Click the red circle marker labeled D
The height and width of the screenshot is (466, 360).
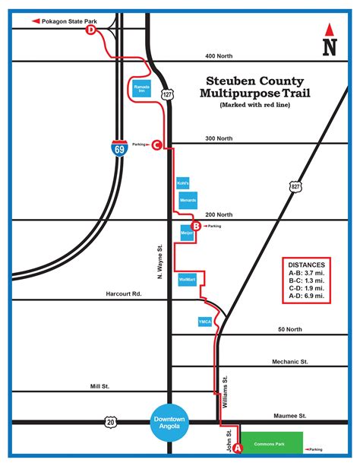pos(92,30)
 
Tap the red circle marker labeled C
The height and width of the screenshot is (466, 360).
pos(156,144)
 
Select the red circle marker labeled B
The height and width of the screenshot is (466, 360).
pos(196,226)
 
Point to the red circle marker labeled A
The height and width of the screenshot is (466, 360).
pos(237,449)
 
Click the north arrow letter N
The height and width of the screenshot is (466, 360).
pos(329,46)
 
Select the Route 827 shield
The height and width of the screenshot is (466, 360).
pos(295,185)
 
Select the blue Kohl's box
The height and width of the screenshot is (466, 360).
pos(182,183)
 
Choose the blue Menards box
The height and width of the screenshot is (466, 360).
pos(188,200)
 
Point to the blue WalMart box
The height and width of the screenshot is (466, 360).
pos(187,280)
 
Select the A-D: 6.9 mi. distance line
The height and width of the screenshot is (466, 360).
pos(307,296)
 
